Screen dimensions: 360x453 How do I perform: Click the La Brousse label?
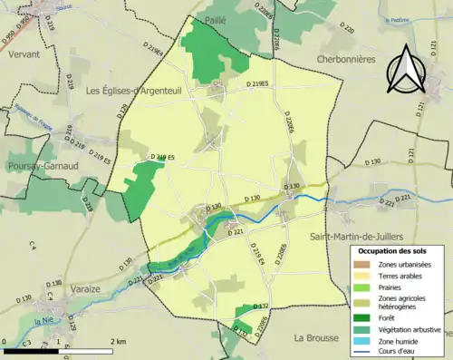(x=316, y=337)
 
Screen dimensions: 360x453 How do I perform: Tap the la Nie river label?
(x=43, y=322)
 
